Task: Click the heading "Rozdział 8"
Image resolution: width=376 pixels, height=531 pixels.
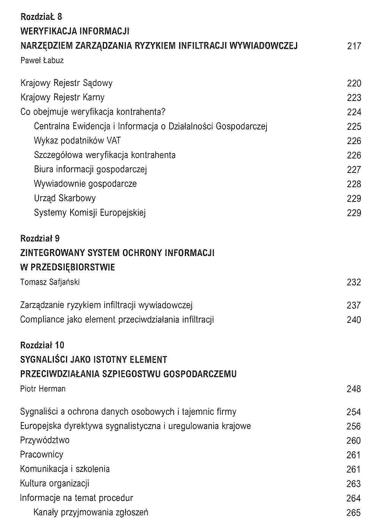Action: click(x=41, y=17)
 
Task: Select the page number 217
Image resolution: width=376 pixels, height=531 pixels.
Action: click(x=354, y=46)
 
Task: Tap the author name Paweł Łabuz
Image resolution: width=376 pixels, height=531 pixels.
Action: click(x=42, y=61)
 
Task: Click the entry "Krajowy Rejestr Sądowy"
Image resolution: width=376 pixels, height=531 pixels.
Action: click(x=66, y=83)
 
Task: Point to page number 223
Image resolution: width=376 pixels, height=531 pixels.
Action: click(x=354, y=98)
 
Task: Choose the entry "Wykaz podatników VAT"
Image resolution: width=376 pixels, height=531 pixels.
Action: click(x=77, y=141)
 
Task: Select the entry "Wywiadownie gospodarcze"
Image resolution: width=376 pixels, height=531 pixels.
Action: click(x=85, y=184)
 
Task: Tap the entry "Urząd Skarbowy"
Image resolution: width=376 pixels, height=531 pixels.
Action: click(x=65, y=198)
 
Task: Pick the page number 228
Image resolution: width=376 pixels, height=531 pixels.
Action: click(x=354, y=184)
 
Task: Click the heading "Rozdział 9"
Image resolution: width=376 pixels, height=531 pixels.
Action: click(x=40, y=239)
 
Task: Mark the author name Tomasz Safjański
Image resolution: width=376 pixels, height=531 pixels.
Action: click(x=50, y=282)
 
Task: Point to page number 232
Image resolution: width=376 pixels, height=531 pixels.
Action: click(x=354, y=282)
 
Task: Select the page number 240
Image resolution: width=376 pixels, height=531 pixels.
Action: click(x=354, y=320)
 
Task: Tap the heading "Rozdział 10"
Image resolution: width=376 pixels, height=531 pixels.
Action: click(x=42, y=345)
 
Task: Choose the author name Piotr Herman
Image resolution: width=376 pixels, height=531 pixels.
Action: click(x=43, y=389)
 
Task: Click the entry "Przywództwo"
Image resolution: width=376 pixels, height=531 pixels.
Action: click(x=45, y=441)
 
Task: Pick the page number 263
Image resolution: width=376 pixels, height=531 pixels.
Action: click(x=353, y=484)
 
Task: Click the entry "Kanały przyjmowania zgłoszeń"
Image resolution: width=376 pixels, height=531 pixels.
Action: click(x=91, y=512)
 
